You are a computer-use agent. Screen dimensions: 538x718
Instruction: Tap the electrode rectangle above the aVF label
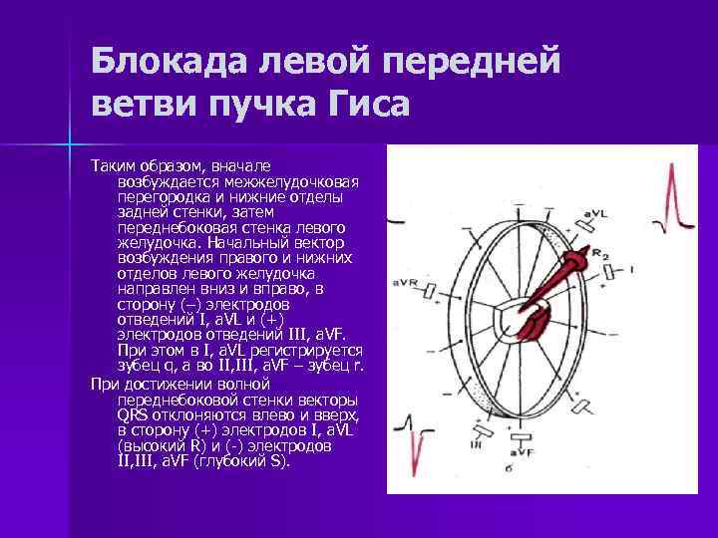point(520,436)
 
